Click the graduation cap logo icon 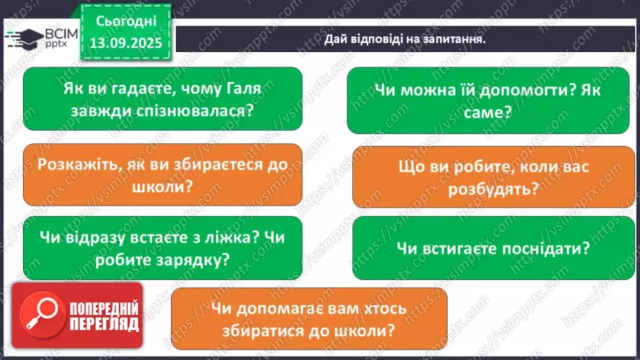pos(22,39)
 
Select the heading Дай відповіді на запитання pos(404,39)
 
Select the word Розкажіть pos(72,166)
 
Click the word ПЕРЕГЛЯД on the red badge pos(104,324)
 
